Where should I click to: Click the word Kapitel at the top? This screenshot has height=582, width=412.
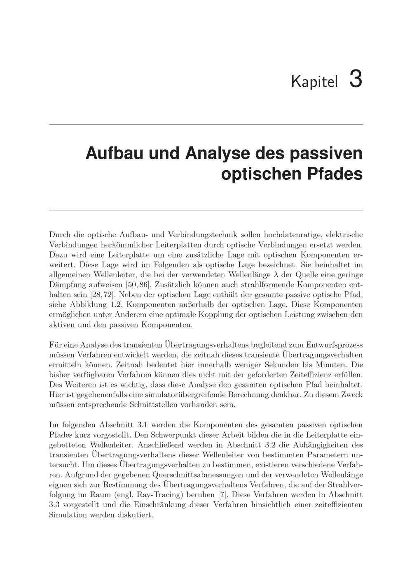(314, 81)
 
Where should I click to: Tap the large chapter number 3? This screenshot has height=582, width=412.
(356, 79)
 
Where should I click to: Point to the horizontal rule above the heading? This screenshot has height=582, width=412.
(206, 124)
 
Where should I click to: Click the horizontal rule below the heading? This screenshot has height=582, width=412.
(206, 210)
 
